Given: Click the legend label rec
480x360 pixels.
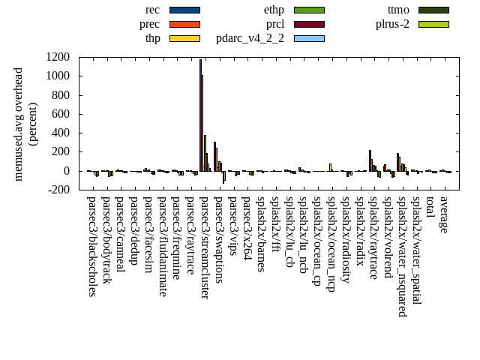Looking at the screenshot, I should click(152, 10).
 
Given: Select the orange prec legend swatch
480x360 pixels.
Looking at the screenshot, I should click(184, 23).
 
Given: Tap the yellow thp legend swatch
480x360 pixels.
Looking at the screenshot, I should click(184, 37).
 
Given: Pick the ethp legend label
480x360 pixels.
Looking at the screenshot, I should click(274, 10).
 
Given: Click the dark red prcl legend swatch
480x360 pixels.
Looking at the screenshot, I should click(309, 23).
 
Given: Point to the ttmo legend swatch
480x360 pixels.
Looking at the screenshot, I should click(433, 10).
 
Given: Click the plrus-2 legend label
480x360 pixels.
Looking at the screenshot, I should click(393, 23).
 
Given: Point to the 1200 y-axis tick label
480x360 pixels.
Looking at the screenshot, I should click(58, 57).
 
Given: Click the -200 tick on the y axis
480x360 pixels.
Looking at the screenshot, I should click(58, 190).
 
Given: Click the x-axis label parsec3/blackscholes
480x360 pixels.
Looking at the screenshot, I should click(91, 246).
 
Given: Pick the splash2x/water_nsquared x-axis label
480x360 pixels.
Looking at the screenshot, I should click(402, 256).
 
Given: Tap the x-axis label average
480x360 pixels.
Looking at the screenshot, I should click(444, 214).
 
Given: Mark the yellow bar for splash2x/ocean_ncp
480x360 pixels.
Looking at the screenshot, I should click(330, 167).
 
